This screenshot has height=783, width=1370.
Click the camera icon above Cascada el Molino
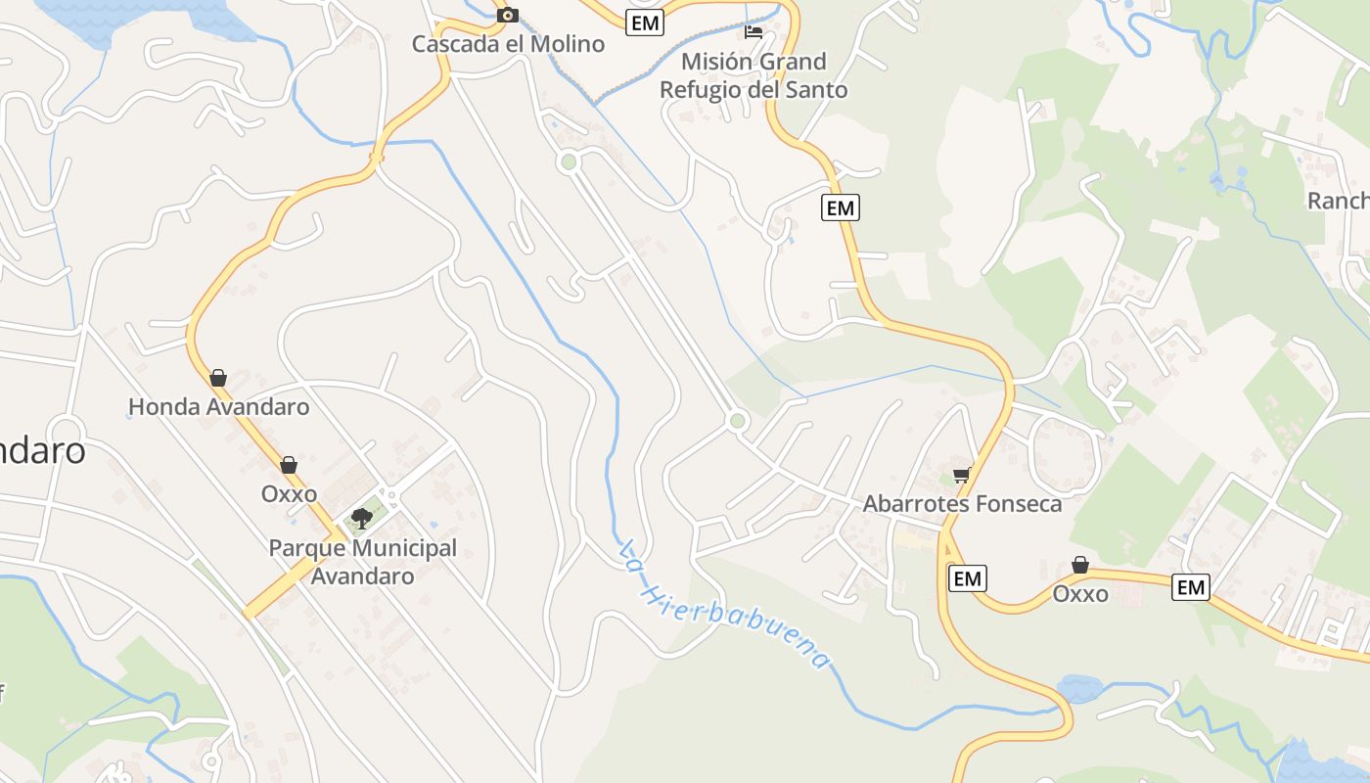click(x=507, y=15)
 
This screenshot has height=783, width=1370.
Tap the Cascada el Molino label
click(x=508, y=44)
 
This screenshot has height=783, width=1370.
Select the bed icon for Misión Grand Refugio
click(x=753, y=31)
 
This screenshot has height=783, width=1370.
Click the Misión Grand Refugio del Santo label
click(x=753, y=75)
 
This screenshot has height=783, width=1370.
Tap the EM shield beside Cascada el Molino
click(x=645, y=23)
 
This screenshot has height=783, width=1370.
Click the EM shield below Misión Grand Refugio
click(x=840, y=207)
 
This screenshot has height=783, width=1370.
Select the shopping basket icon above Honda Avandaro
click(x=218, y=378)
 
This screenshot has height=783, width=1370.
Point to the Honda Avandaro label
click(x=219, y=406)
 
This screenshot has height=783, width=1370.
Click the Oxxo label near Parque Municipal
click(x=289, y=493)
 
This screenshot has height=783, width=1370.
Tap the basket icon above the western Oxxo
click(x=289, y=465)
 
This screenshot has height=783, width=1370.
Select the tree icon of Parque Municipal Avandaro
click(x=362, y=518)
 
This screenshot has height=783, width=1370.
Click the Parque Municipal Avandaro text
click(x=363, y=562)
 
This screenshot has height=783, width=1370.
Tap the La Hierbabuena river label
click(x=725, y=605)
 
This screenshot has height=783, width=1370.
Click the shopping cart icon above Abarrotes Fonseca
click(x=961, y=476)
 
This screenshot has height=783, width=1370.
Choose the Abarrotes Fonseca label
click(x=962, y=504)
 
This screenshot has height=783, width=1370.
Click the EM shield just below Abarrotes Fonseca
click(x=967, y=578)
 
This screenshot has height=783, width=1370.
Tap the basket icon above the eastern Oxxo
click(x=1080, y=565)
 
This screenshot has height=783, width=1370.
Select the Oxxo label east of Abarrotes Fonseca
click(x=1080, y=593)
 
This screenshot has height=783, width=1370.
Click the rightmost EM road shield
click(x=1190, y=587)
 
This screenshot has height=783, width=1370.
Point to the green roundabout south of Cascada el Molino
click(x=568, y=162)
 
